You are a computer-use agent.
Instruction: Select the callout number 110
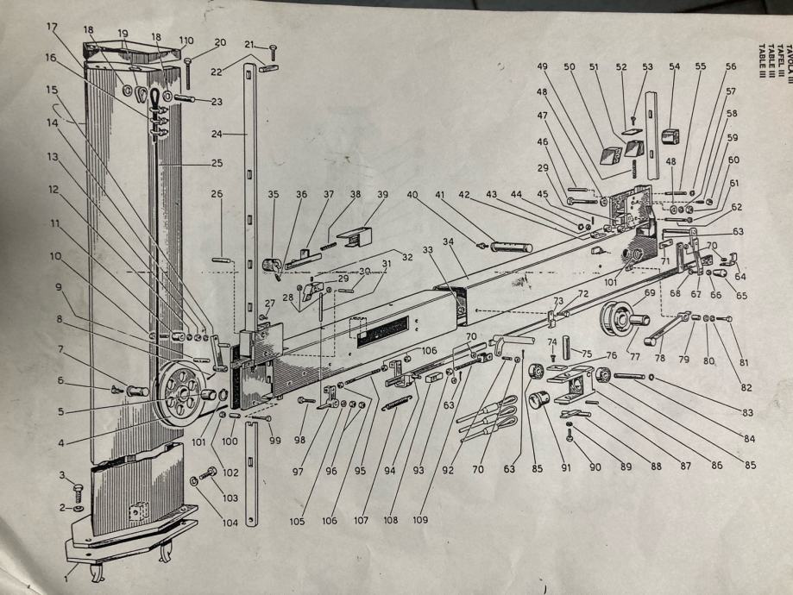tap(186, 41)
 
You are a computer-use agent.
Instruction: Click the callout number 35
tap(274, 195)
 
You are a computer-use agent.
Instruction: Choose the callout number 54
tap(674, 66)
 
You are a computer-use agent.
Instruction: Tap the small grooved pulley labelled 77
tap(620, 318)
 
